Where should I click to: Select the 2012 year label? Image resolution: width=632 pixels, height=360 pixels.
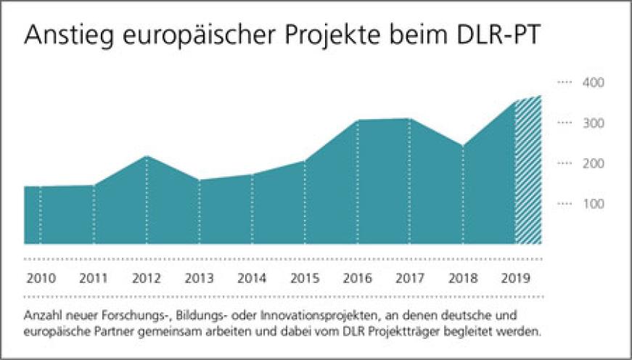146,277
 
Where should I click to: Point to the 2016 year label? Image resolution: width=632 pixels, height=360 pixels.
357,277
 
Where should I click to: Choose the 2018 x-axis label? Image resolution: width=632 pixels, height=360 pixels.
462,277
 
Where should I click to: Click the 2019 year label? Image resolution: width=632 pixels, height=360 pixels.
515,277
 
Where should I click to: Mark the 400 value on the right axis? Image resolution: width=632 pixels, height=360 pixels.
595,83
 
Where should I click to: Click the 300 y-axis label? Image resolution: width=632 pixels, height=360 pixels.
595,123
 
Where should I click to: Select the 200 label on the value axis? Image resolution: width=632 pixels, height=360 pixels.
595,164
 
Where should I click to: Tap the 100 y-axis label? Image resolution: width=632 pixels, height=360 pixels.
595,204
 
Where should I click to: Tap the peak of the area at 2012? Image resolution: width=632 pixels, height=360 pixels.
147,157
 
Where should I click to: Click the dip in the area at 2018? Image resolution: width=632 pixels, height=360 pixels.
462,146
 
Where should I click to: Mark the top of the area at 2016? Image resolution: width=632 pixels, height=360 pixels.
358,120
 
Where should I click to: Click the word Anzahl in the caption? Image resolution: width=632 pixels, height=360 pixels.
41,316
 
